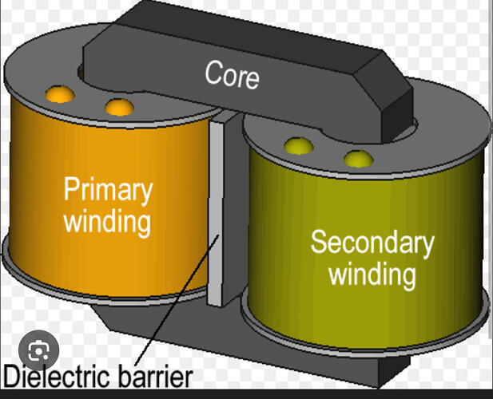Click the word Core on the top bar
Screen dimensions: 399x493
232,73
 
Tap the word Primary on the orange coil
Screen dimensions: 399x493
108,190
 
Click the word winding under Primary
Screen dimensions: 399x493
107,220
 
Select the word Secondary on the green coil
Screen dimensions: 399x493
372,242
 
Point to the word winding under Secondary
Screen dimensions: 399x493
372,274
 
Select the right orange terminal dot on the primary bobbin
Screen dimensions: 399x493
118,106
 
